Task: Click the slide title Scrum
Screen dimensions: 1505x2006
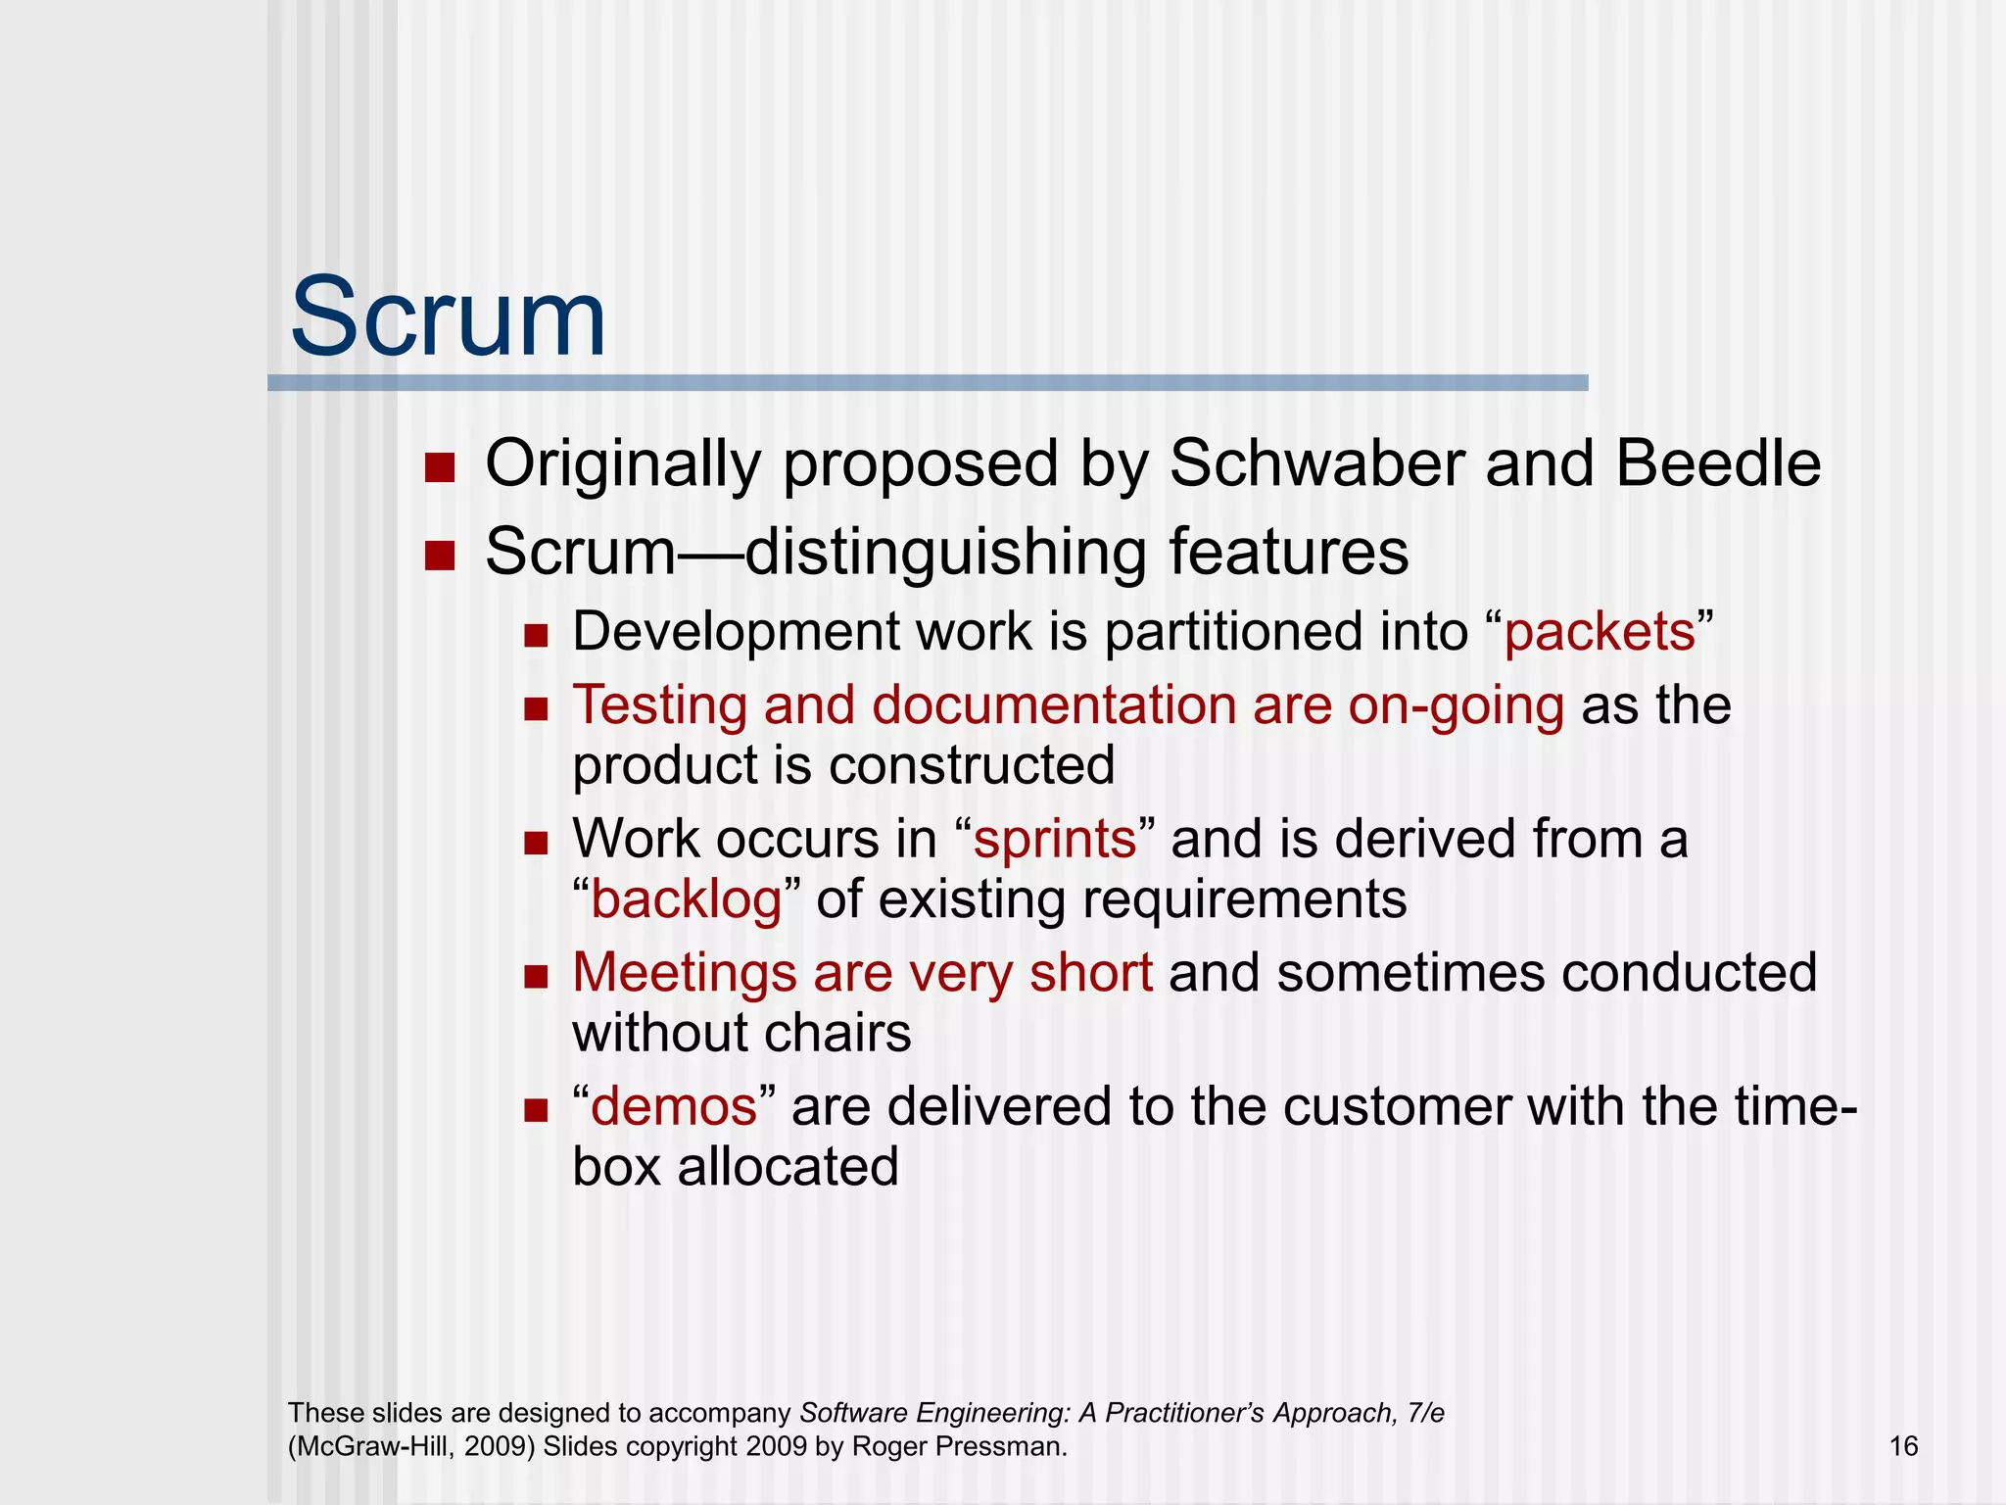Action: [x=448, y=318]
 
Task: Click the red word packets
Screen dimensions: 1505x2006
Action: [x=1600, y=632]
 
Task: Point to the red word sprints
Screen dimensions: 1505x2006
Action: [x=1055, y=840]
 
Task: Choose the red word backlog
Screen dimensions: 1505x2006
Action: [x=687, y=899]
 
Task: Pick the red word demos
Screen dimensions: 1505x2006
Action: [x=674, y=1107]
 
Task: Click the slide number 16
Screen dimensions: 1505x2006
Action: [x=1903, y=1446]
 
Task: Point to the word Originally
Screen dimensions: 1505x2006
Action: [x=623, y=464]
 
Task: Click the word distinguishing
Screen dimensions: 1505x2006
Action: [x=946, y=553]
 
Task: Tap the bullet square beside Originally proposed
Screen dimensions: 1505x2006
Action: [x=441, y=468]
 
